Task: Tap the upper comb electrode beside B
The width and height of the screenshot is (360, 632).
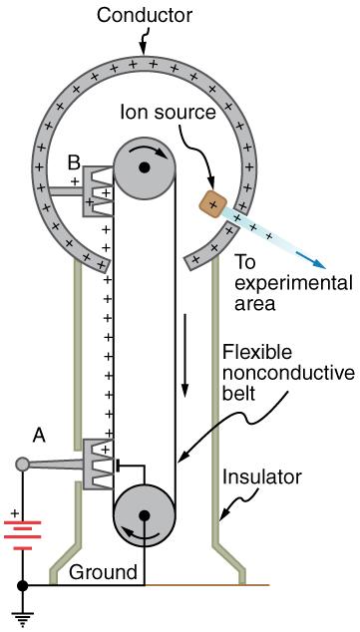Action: [x=97, y=188]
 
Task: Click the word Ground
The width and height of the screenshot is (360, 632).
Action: [x=103, y=572]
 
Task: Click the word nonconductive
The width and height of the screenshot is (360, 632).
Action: [x=288, y=373]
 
